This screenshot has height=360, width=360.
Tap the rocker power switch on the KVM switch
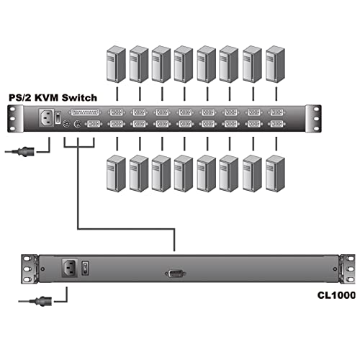tap(59, 115)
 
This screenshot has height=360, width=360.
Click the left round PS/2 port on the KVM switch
tap(66, 125)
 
